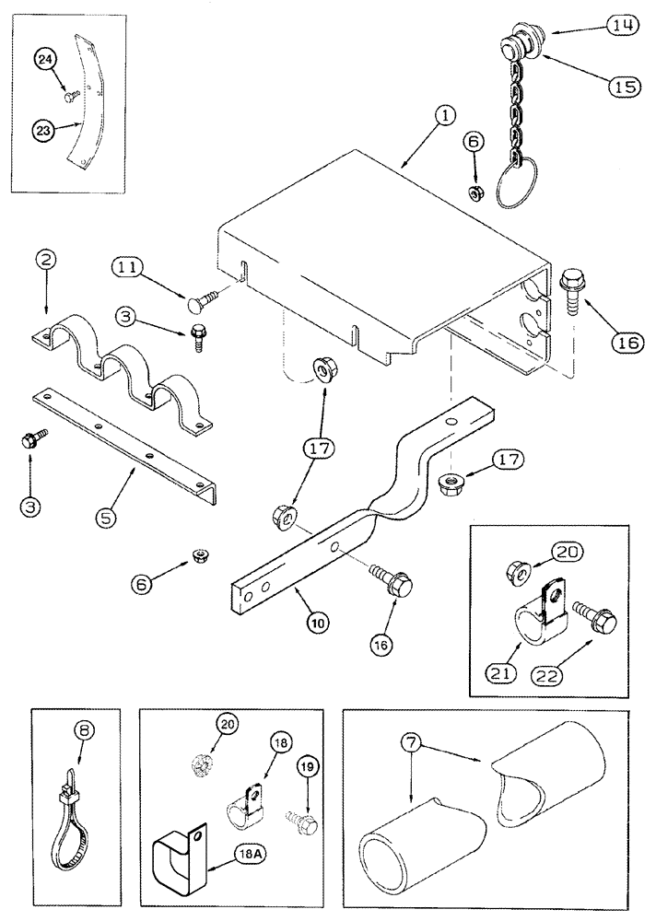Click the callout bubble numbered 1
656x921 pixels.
tap(444, 117)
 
